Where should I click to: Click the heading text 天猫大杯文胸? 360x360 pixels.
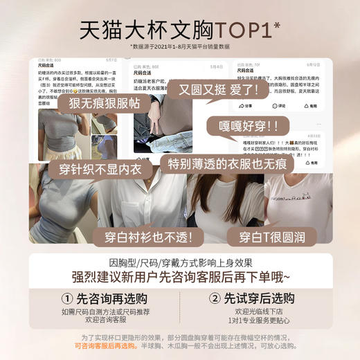point(135,30)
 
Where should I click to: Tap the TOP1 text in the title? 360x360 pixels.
point(237,30)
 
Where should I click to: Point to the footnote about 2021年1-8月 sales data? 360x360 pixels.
point(180,46)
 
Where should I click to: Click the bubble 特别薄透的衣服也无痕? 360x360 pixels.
point(226,164)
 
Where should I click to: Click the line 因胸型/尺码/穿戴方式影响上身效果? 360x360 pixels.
point(180,262)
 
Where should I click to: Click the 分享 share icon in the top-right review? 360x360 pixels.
point(242,106)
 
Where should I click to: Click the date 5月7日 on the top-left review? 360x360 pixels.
point(111,61)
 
